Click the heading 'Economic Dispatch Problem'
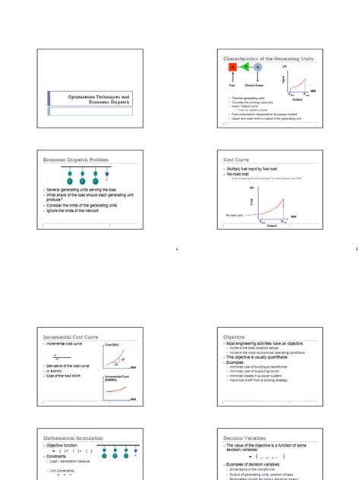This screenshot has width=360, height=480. coord(71,159)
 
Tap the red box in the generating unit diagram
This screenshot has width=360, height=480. coord(233,68)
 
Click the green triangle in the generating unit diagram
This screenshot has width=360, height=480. coord(245,68)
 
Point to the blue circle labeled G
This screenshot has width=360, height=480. coord(257,68)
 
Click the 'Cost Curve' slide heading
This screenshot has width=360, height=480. coord(237,159)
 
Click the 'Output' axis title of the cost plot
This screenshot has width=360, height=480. coord(272,226)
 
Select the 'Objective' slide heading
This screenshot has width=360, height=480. coord(235,336)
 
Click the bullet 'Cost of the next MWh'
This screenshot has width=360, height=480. coord(66,376)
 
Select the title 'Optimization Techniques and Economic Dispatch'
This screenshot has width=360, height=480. coord(90,100)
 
